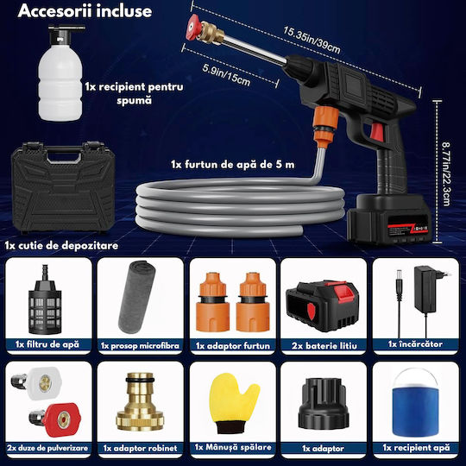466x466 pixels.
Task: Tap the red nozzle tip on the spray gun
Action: click(193, 28)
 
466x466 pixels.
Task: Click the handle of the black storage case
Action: click(64, 154)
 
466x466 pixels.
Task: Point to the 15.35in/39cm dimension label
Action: click(312, 39)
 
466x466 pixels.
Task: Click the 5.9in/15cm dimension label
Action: click(226, 74)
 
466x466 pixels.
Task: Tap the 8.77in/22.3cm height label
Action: click(445, 174)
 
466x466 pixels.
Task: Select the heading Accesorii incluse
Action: click(85, 11)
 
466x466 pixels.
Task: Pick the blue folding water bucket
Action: click(415, 403)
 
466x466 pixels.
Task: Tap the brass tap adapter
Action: click(140, 401)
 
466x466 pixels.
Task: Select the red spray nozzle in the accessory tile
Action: click(55, 419)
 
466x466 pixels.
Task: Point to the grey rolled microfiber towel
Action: click(136, 297)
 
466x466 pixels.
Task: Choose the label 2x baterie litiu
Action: click(324, 346)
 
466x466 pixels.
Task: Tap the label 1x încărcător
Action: click(415, 344)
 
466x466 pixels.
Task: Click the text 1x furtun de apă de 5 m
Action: click(233, 164)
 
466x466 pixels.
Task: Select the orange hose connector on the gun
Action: click(326, 126)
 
